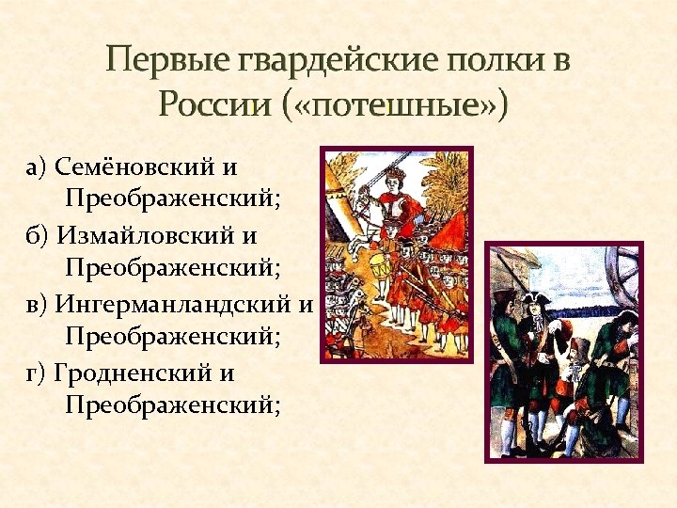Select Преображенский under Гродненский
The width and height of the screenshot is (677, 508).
click(x=174, y=405)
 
